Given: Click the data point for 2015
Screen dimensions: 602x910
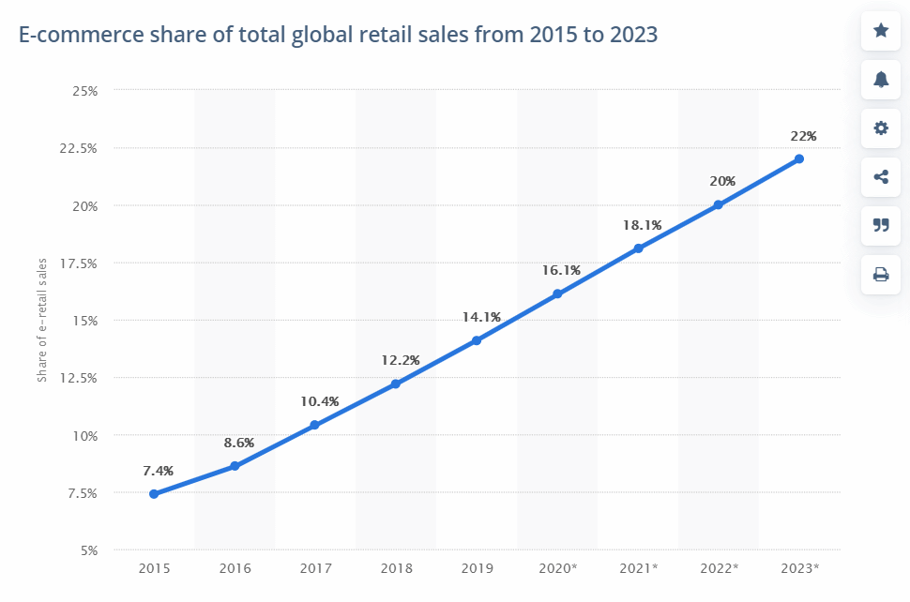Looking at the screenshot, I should [154, 494].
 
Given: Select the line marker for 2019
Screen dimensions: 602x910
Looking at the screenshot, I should [477, 340].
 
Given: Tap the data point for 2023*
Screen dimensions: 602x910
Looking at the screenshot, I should [799, 158].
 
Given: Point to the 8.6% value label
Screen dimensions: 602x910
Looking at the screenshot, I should [238, 442].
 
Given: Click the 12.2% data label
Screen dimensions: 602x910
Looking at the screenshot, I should [400, 360].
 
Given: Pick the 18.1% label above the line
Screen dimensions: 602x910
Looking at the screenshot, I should [642, 225].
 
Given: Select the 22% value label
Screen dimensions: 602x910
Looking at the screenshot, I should [804, 136].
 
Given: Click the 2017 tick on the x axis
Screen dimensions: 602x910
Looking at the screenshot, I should [315, 568].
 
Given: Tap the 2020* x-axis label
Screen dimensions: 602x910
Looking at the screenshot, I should [557, 568].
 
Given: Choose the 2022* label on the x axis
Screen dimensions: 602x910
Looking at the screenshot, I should [719, 568].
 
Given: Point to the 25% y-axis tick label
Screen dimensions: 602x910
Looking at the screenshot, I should [85, 91].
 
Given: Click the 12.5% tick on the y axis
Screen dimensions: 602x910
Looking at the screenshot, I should [79, 378].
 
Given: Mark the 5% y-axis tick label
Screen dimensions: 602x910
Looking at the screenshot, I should [88, 550].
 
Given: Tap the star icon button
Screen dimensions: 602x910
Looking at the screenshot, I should [881, 31].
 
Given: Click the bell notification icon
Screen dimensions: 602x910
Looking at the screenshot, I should [881, 80].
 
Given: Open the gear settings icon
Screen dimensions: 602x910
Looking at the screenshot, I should [881, 128].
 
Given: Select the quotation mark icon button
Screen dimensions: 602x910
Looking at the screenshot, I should [881, 225].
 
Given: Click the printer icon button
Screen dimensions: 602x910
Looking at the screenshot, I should [881, 275].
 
